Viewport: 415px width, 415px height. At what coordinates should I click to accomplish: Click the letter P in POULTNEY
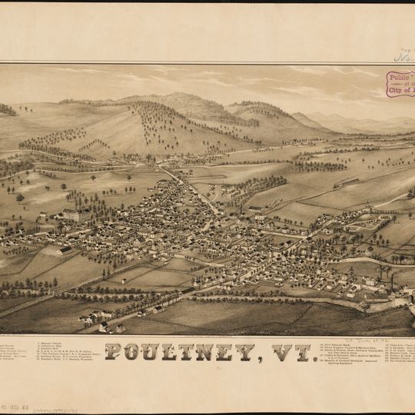(114, 353)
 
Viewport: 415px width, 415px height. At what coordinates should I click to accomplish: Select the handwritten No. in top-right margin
(403, 55)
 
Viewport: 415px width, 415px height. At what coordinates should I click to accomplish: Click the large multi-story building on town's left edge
(71, 215)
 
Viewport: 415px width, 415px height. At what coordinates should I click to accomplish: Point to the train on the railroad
(346, 182)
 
